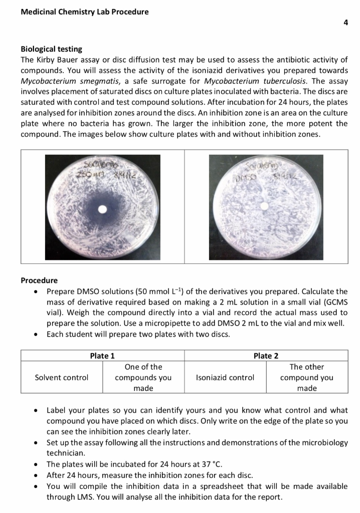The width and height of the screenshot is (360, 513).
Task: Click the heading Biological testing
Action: click(x=52, y=49)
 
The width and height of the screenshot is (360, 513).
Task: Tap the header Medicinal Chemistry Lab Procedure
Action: click(x=84, y=12)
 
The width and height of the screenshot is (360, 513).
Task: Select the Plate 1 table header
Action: click(x=102, y=356)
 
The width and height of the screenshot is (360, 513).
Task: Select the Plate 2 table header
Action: click(x=266, y=356)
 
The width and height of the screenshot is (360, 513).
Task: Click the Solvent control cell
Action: click(x=62, y=377)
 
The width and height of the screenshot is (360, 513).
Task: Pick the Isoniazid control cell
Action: click(x=225, y=377)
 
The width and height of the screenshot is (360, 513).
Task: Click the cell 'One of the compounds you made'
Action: click(x=143, y=377)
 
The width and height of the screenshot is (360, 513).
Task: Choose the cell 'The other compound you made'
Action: click(x=306, y=377)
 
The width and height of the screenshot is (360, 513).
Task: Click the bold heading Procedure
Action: click(x=39, y=280)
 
